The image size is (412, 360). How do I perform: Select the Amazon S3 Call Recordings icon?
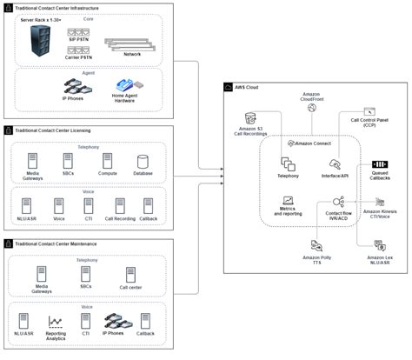(251, 117)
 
